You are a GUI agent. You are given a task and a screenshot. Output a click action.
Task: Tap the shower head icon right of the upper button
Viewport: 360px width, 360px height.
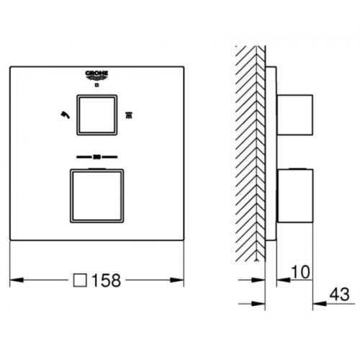coord(130,113)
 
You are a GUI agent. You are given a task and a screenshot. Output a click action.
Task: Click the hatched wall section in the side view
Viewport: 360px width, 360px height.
coord(251,144)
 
